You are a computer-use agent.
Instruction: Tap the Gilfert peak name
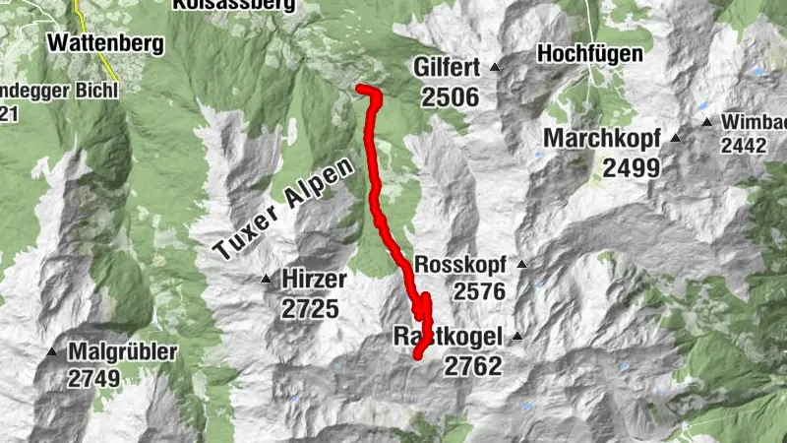click(x=447, y=68)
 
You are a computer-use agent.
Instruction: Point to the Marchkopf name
click(x=603, y=138)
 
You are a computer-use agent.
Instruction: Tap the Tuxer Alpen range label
click(x=282, y=211)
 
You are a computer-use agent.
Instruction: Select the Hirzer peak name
click(x=313, y=280)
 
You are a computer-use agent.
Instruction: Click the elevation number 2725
click(x=309, y=309)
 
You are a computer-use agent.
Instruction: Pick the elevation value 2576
click(x=479, y=291)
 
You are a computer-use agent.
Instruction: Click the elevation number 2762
click(x=472, y=366)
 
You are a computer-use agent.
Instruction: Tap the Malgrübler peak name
click(x=123, y=351)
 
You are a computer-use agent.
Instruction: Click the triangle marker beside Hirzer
click(x=266, y=280)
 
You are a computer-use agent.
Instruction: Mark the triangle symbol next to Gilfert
click(x=495, y=68)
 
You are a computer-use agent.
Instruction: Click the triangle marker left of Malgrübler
click(x=51, y=351)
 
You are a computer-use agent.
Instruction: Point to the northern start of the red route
click(x=360, y=90)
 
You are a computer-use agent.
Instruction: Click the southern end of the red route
click(x=417, y=354)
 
